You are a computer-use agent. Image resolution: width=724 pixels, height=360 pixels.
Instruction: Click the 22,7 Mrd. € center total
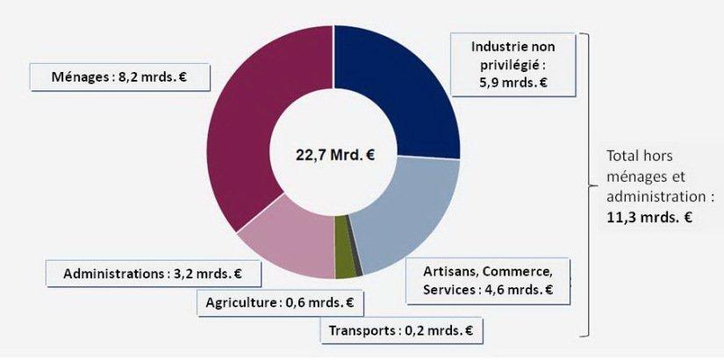tap(334, 155)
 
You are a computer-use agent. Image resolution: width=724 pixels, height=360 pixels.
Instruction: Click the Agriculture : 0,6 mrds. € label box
tap(279, 303)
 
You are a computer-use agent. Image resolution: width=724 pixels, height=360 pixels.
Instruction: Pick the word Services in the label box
tap(450, 289)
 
